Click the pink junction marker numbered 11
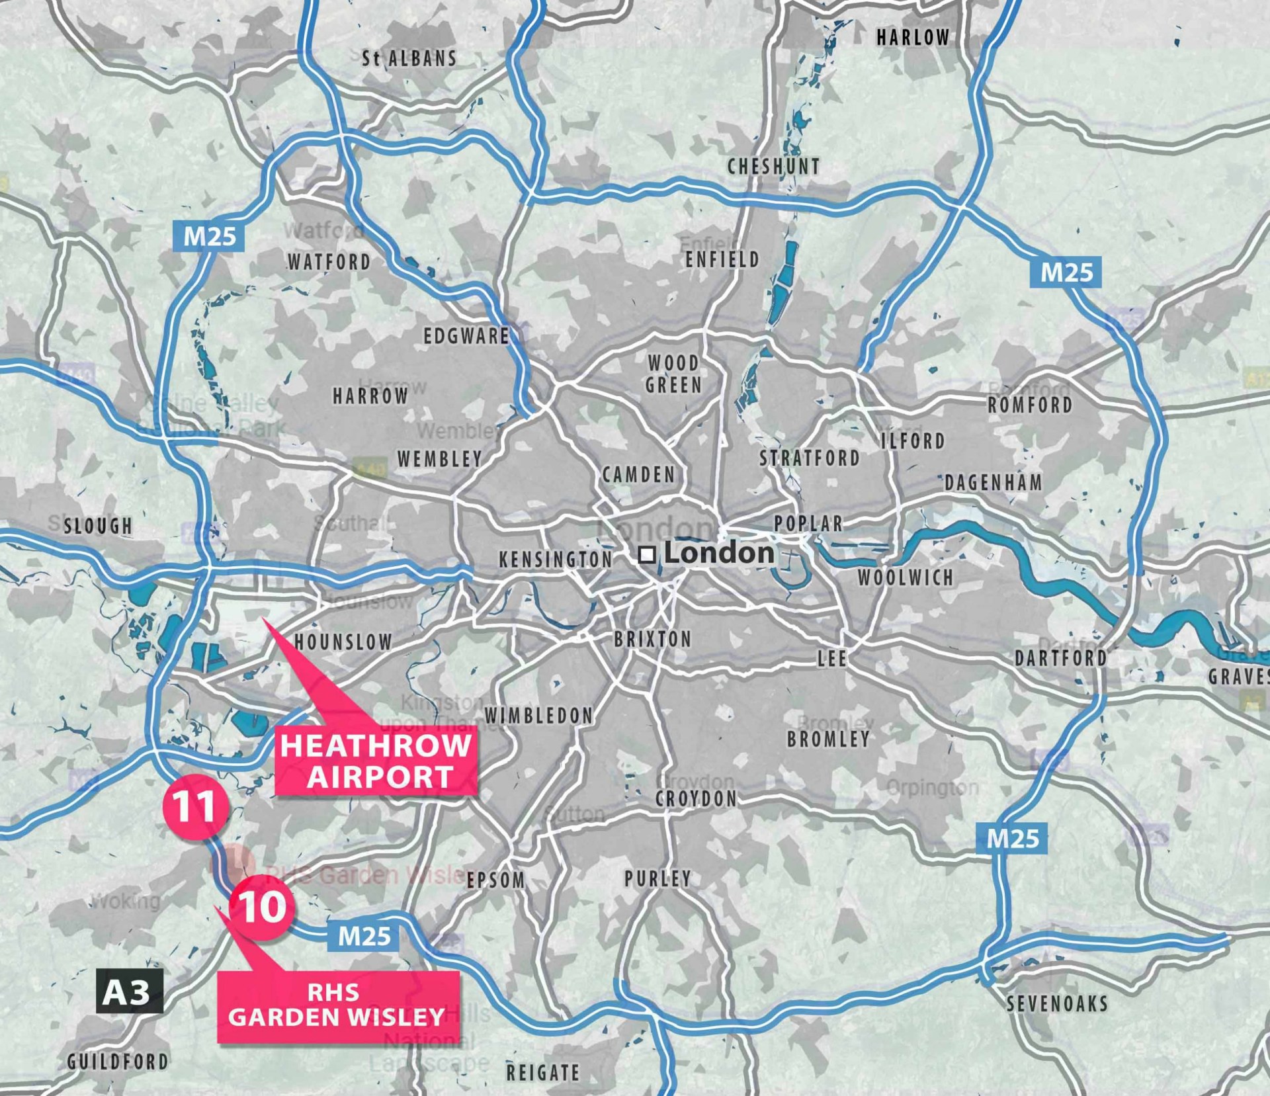pyautogui.click(x=194, y=806)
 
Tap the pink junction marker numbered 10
pyautogui.click(x=262, y=906)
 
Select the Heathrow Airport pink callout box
pyautogui.click(x=376, y=761)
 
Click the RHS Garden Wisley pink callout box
pyautogui.click(x=337, y=1006)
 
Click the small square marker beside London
pyautogui.click(x=647, y=554)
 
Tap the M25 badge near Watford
pyautogui.click(x=209, y=236)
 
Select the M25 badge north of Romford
pyautogui.click(x=1066, y=272)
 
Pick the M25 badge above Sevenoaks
pyautogui.click(x=1012, y=839)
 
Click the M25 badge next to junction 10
pyautogui.click(x=364, y=936)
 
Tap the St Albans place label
pyautogui.click(x=409, y=59)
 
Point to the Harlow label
pyautogui.click(x=913, y=38)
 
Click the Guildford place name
pyautogui.click(x=118, y=1062)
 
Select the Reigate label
pyautogui.click(x=543, y=1072)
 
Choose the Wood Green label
pyautogui.click(x=674, y=374)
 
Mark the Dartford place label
pyautogui.click(x=1061, y=658)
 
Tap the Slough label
pyautogui.click(x=98, y=526)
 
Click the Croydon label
pyautogui.click(x=696, y=799)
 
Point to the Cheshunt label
pyautogui.click(x=774, y=167)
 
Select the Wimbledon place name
pyautogui.click(x=539, y=715)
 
